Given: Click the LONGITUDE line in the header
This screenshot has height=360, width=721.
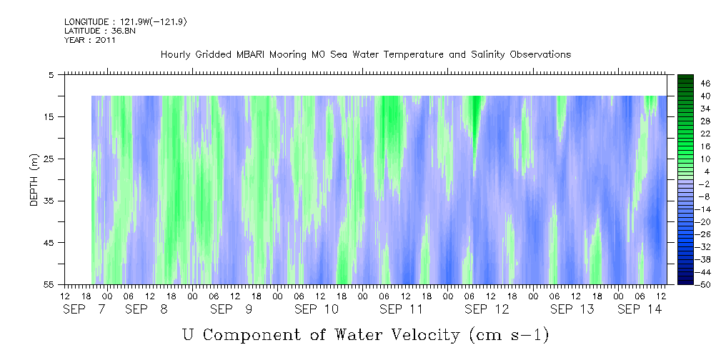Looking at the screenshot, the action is [x=126, y=22].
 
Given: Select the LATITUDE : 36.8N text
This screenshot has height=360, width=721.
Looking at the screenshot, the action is [x=100, y=31].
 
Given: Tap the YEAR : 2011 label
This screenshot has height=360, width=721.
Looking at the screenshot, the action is [x=90, y=40].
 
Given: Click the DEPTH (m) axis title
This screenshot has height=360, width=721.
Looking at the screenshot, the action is [x=34, y=180].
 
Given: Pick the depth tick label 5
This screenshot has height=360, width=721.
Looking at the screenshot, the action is [x=51, y=74].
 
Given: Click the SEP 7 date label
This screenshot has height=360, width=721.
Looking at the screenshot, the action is [x=84, y=309].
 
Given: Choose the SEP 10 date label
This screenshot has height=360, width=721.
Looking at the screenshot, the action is [x=317, y=309].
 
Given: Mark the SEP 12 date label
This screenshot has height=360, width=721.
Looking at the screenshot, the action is [x=487, y=309].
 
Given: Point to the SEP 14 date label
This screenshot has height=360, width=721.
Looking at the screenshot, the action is [x=640, y=309].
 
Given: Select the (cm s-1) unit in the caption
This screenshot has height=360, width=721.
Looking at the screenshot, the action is [x=509, y=335].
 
